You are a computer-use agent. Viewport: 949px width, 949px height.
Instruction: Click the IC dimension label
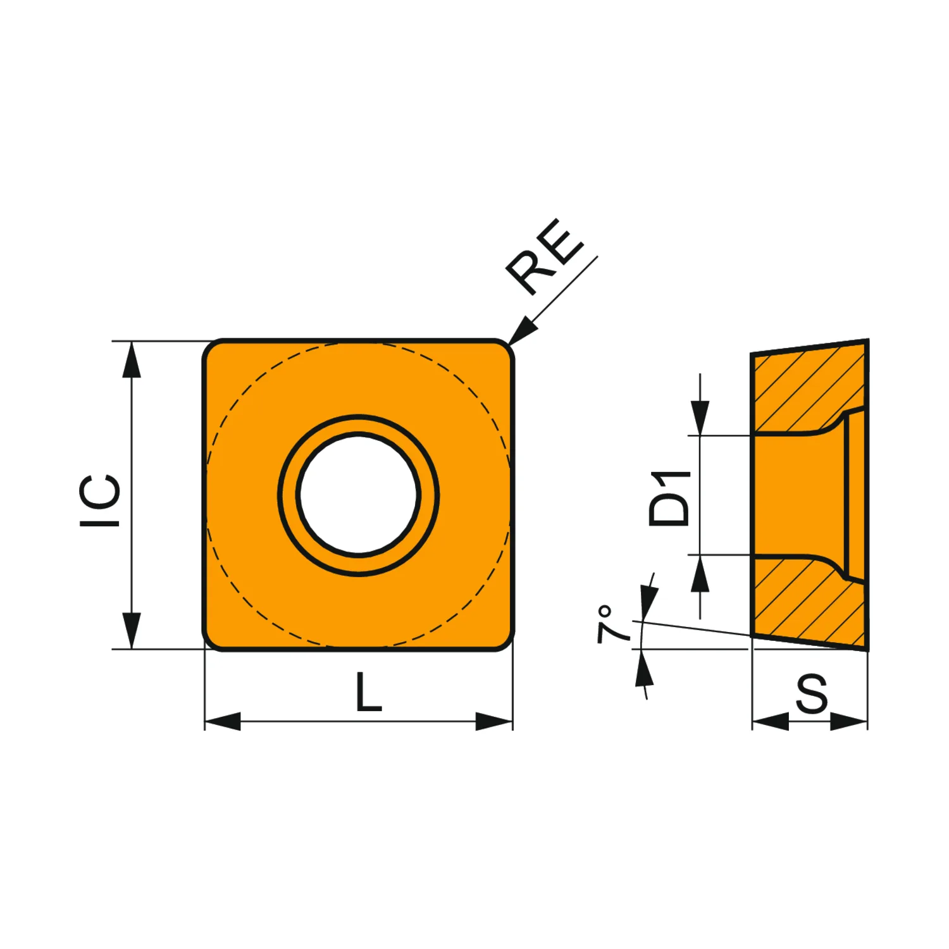click(x=100, y=500)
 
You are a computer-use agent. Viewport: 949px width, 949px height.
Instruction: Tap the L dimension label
click(x=369, y=692)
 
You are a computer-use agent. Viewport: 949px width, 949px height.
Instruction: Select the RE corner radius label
click(x=544, y=256)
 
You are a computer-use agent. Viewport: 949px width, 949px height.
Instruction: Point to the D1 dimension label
click(x=669, y=498)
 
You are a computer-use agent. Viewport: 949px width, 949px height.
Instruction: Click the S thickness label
click(x=812, y=693)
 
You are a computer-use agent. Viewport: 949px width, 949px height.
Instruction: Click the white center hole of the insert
click(x=359, y=495)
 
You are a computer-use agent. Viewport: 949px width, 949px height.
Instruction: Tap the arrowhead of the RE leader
click(x=522, y=330)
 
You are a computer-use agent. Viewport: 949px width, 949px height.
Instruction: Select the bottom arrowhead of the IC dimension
click(x=131, y=631)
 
